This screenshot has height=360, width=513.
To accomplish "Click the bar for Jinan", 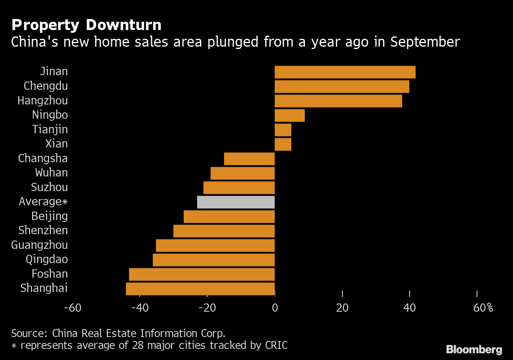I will click(x=345, y=72).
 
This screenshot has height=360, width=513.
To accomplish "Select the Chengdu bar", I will click(x=342, y=87).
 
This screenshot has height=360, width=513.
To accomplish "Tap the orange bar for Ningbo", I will click(x=289, y=116).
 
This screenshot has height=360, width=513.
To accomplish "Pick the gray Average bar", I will click(x=236, y=202).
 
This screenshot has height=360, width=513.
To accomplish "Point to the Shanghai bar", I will click(x=200, y=289).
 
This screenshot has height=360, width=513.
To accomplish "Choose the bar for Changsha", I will click(x=249, y=159).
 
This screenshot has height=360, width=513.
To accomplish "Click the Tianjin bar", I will click(x=283, y=130).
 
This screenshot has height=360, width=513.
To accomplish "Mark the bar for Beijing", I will click(x=229, y=217).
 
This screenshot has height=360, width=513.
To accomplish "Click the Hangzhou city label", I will click(x=43, y=101).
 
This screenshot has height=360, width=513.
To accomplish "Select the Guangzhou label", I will click(x=40, y=245).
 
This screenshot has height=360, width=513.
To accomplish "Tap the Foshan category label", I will click(x=50, y=274).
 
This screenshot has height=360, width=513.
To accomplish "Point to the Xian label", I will click(x=57, y=144).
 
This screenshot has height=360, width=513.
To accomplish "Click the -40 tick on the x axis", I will click(x=140, y=308).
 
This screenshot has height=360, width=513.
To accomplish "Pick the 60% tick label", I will click(x=483, y=308).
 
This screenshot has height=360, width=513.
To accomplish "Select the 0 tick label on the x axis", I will click(x=275, y=308).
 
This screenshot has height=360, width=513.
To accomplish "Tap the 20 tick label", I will click(x=342, y=308).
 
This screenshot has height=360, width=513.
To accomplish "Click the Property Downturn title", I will click(x=86, y=25).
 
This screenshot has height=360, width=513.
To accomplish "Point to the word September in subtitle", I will click(x=425, y=42).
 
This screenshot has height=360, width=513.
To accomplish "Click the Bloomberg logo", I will click(x=474, y=350).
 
